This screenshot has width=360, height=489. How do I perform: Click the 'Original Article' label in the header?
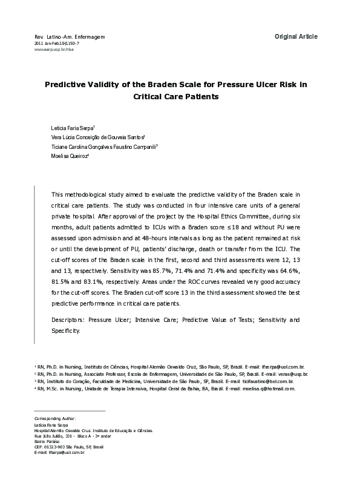[x=295, y=37]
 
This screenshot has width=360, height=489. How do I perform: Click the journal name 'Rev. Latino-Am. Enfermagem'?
[x=70, y=37]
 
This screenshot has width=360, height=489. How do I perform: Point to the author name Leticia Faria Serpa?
[x=68, y=129]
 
